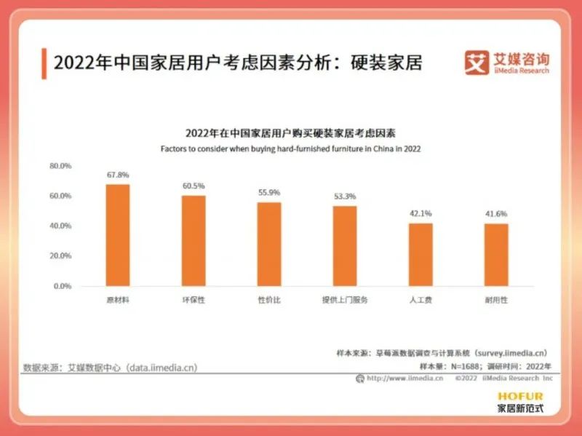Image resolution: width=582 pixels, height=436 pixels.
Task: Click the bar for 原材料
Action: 118,235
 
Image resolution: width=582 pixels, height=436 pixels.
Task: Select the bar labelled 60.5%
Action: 194,240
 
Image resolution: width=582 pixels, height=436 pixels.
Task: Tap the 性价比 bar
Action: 269,244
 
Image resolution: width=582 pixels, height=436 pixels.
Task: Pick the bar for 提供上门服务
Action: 345,246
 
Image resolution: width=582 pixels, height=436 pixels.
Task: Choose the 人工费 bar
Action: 420,254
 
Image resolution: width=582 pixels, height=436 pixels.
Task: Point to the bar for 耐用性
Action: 496,255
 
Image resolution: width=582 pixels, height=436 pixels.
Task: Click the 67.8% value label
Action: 118,175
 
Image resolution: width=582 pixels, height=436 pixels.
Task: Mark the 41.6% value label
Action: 496,214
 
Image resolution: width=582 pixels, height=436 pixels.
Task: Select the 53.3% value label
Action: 345,197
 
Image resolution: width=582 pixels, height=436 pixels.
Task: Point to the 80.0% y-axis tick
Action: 60,166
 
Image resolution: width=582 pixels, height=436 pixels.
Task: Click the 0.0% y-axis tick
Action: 63,286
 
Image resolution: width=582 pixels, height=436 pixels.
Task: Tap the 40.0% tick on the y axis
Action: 60,226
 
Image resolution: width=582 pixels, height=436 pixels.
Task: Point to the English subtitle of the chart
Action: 291,148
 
